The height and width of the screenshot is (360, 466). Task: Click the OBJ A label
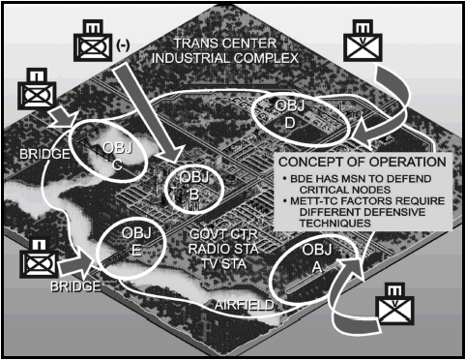pyautogui.click(x=317, y=258)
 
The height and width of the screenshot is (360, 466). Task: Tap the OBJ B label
pyautogui.click(x=194, y=186)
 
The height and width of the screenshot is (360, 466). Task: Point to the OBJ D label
pyautogui.click(x=290, y=114)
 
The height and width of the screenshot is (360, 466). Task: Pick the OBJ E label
pyautogui.click(x=136, y=241)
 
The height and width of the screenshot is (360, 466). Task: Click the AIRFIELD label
pyautogui.click(x=245, y=305)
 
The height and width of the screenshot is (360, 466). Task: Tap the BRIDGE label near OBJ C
pyautogui.click(x=44, y=154)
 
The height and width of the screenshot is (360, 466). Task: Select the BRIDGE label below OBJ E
pyautogui.click(x=75, y=286)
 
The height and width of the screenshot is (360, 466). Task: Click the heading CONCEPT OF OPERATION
pyautogui.click(x=363, y=162)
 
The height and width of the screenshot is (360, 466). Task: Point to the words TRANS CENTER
pyautogui.click(x=225, y=44)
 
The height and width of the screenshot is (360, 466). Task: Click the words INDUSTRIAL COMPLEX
pyautogui.click(x=225, y=58)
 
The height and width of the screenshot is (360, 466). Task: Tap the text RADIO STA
pyautogui.click(x=223, y=249)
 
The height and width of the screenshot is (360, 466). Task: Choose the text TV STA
pyautogui.click(x=223, y=263)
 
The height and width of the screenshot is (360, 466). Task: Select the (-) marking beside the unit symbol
pyautogui.click(x=123, y=45)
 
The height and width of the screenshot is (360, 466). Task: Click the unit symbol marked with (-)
pyautogui.click(x=93, y=41)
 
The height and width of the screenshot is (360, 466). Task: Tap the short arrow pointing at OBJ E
pyautogui.click(x=76, y=264)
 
